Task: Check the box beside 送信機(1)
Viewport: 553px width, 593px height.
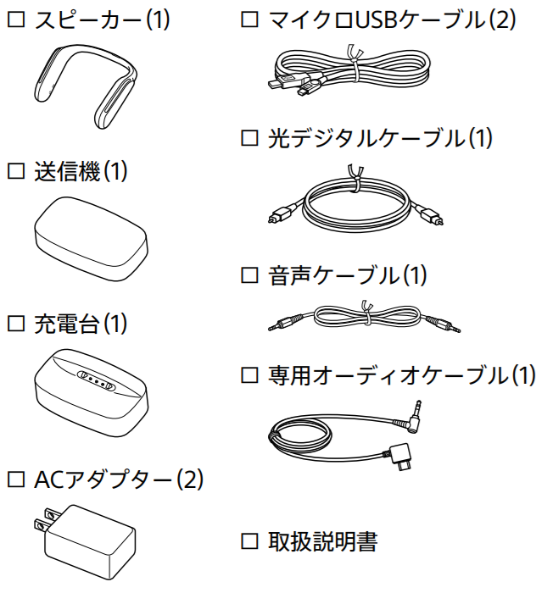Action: pyautogui.click(x=14, y=172)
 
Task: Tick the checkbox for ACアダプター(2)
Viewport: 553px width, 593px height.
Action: pyautogui.click(x=14, y=480)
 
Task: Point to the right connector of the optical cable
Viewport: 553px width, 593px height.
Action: pyautogui.click(x=428, y=216)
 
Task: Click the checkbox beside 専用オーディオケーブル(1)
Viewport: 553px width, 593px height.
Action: pyautogui.click(x=249, y=374)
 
